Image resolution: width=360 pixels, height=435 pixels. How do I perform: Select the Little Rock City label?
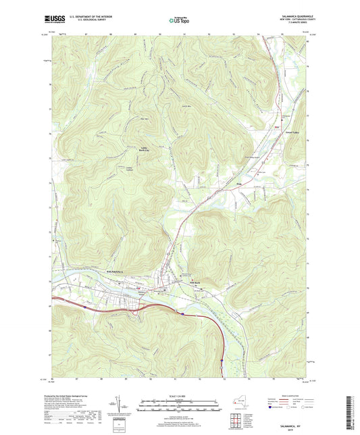pos(145,149)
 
